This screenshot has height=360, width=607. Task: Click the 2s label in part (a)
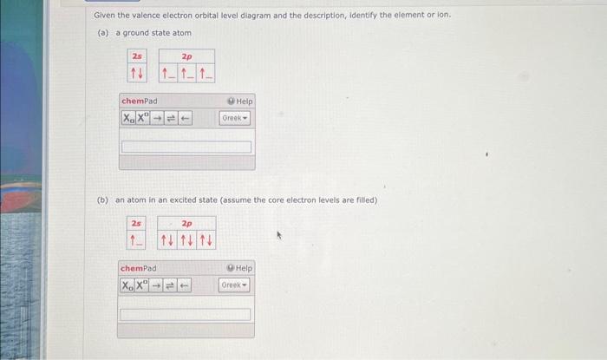(137, 56)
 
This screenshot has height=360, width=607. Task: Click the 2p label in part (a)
(186, 56)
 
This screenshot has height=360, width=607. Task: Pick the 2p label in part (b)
(186, 223)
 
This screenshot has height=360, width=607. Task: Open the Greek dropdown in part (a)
(235, 118)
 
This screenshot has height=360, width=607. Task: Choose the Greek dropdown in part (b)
(235, 285)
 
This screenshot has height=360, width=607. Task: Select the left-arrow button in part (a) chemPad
(184, 118)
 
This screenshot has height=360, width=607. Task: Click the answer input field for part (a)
(186, 147)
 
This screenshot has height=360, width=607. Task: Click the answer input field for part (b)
(186, 314)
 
